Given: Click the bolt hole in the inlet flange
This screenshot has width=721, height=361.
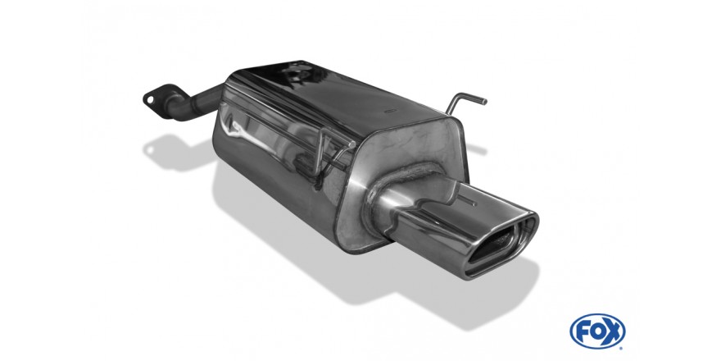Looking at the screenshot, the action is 150,99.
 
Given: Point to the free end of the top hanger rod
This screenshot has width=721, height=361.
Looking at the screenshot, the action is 483,101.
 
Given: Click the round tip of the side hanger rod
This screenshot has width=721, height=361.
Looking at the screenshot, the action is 352,144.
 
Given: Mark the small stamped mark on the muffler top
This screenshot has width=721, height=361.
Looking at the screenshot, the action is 391,111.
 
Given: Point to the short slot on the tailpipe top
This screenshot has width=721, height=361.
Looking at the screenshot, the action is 468,201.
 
